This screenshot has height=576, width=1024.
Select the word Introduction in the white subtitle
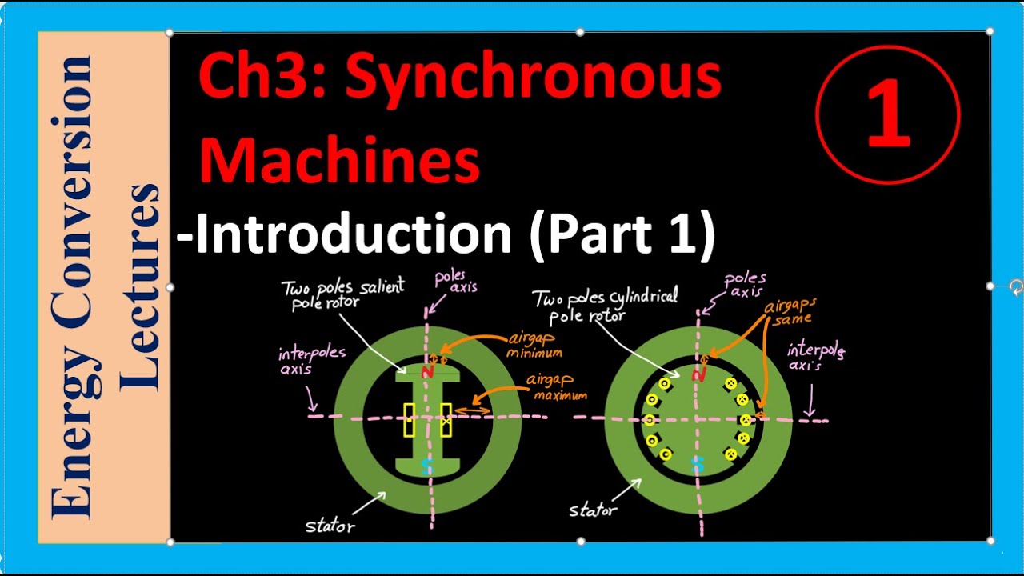pyautogui.click(x=353, y=236)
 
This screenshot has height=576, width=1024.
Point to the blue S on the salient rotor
pyautogui.click(x=426, y=468)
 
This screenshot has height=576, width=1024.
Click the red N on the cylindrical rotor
pyautogui.click(x=699, y=373)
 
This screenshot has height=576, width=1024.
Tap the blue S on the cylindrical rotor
pyautogui.click(x=698, y=463)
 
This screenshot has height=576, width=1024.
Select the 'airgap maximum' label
pyautogui.click(x=557, y=389)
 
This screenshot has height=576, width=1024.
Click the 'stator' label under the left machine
pyautogui.click(x=330, y=526)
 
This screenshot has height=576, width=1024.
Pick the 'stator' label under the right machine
pyautogui.click(x=593, y=510)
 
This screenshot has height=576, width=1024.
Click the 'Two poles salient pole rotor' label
pyautogui.click(x=343, y=294)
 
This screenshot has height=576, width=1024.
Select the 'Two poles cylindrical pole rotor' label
pyautogui.click(x=606, y=305)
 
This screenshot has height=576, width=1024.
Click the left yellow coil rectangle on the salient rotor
pyautogui.click(x=410, y=420)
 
